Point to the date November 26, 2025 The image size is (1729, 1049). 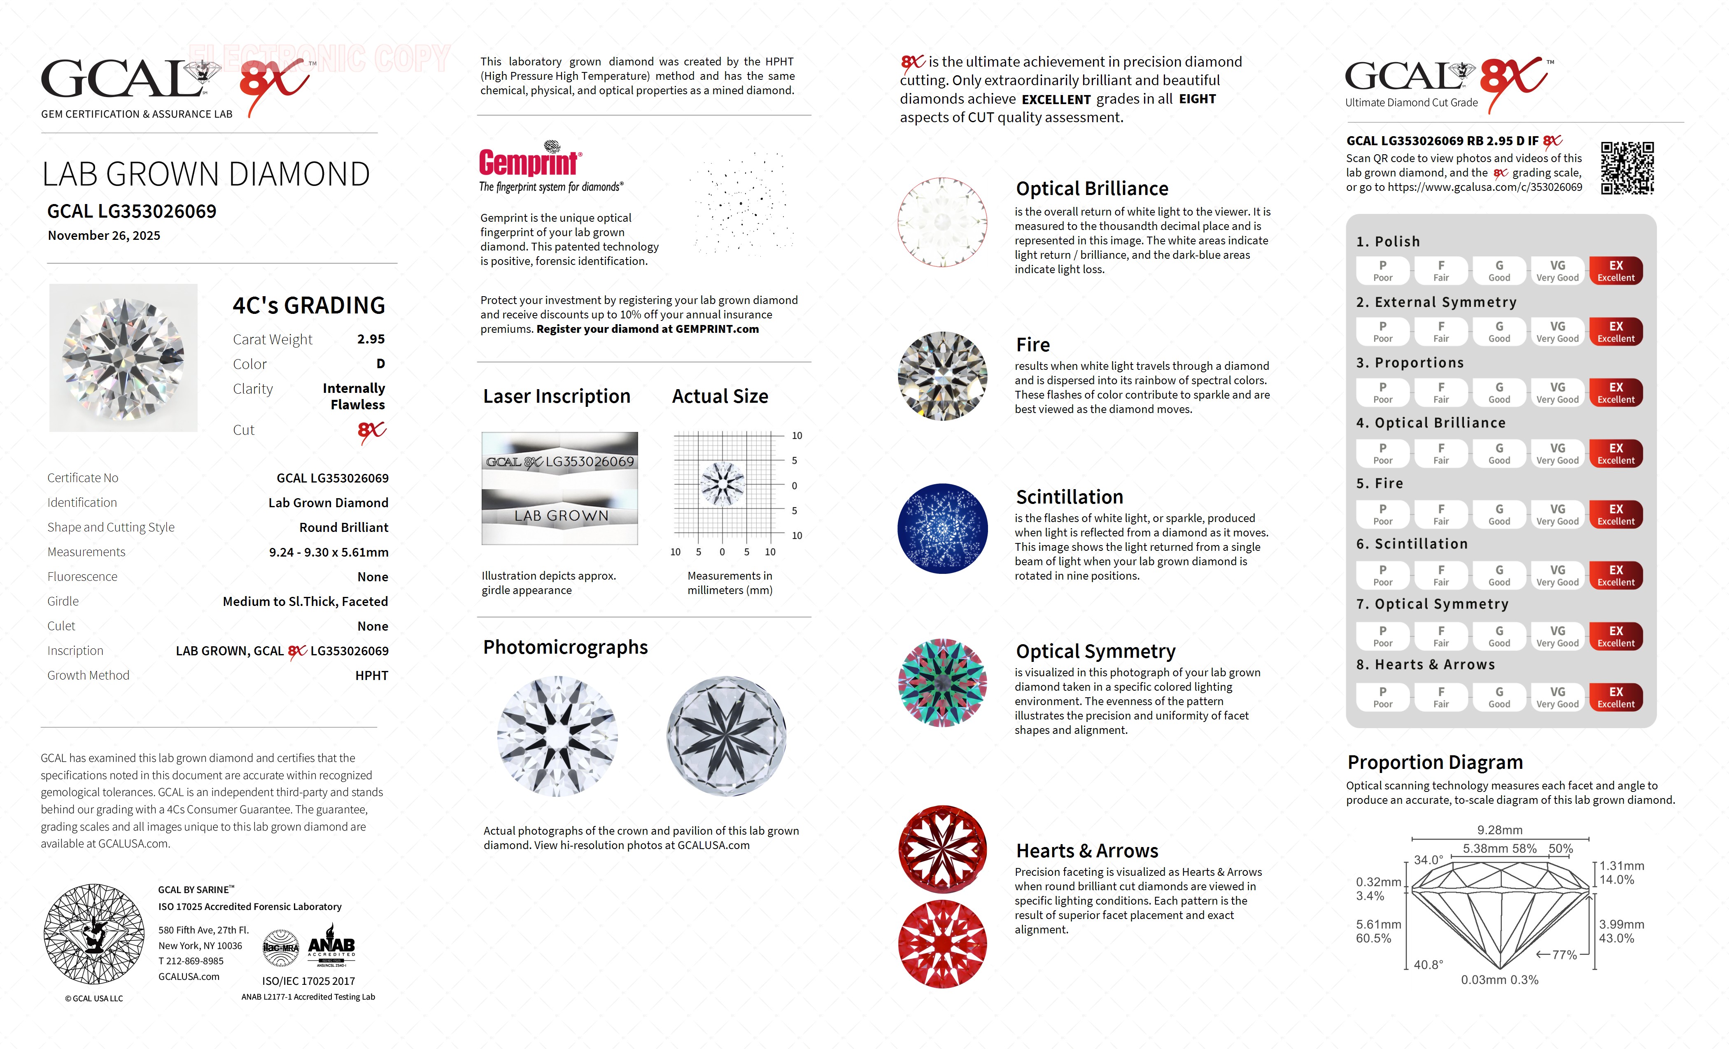(104, 236)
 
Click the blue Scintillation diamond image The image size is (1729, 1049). (942, 529)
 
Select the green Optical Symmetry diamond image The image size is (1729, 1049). (942, 682)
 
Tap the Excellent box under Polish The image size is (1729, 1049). (1615, 271)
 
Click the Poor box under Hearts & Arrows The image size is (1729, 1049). (1382, 697)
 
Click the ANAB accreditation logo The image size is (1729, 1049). (331, 949)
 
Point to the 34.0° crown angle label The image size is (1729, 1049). (1428, 860)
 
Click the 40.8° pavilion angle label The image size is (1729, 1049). (1428, 965)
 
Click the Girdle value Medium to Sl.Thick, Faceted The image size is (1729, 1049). (305, 601)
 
